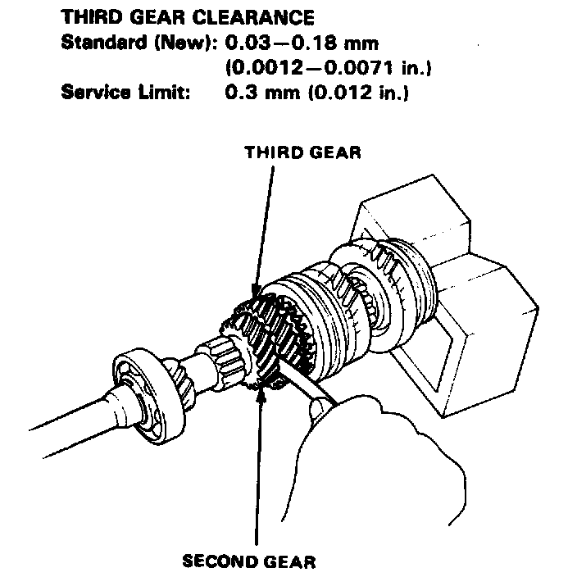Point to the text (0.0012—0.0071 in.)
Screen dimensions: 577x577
point(327,67)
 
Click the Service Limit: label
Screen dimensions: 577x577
point(125,92)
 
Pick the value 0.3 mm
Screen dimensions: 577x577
point(262,92)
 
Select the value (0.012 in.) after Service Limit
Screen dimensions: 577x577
point(361,92)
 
